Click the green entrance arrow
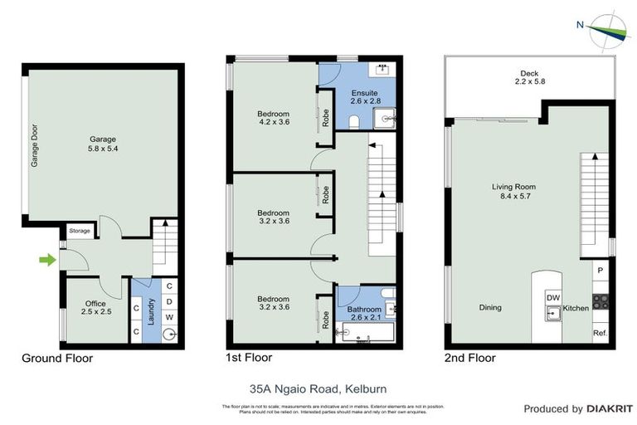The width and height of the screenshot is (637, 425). click(x=47, y=260)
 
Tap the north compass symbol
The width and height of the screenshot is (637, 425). click(x=607, y=31)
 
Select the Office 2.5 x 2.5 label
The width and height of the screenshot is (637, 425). click(x=96, y=308)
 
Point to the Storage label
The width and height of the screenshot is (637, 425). click(x=80, y=232)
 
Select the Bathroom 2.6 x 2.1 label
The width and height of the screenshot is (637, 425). click(x=358, y=310)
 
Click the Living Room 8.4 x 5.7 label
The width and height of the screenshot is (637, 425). click(x=514, y=193)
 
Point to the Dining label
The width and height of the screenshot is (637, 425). click(x=490, y=308)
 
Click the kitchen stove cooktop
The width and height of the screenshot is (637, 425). click(x=601, y=301)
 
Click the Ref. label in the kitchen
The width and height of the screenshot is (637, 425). click(x=600, y=333)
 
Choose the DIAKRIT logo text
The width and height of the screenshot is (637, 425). click(x=610, y=408)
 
